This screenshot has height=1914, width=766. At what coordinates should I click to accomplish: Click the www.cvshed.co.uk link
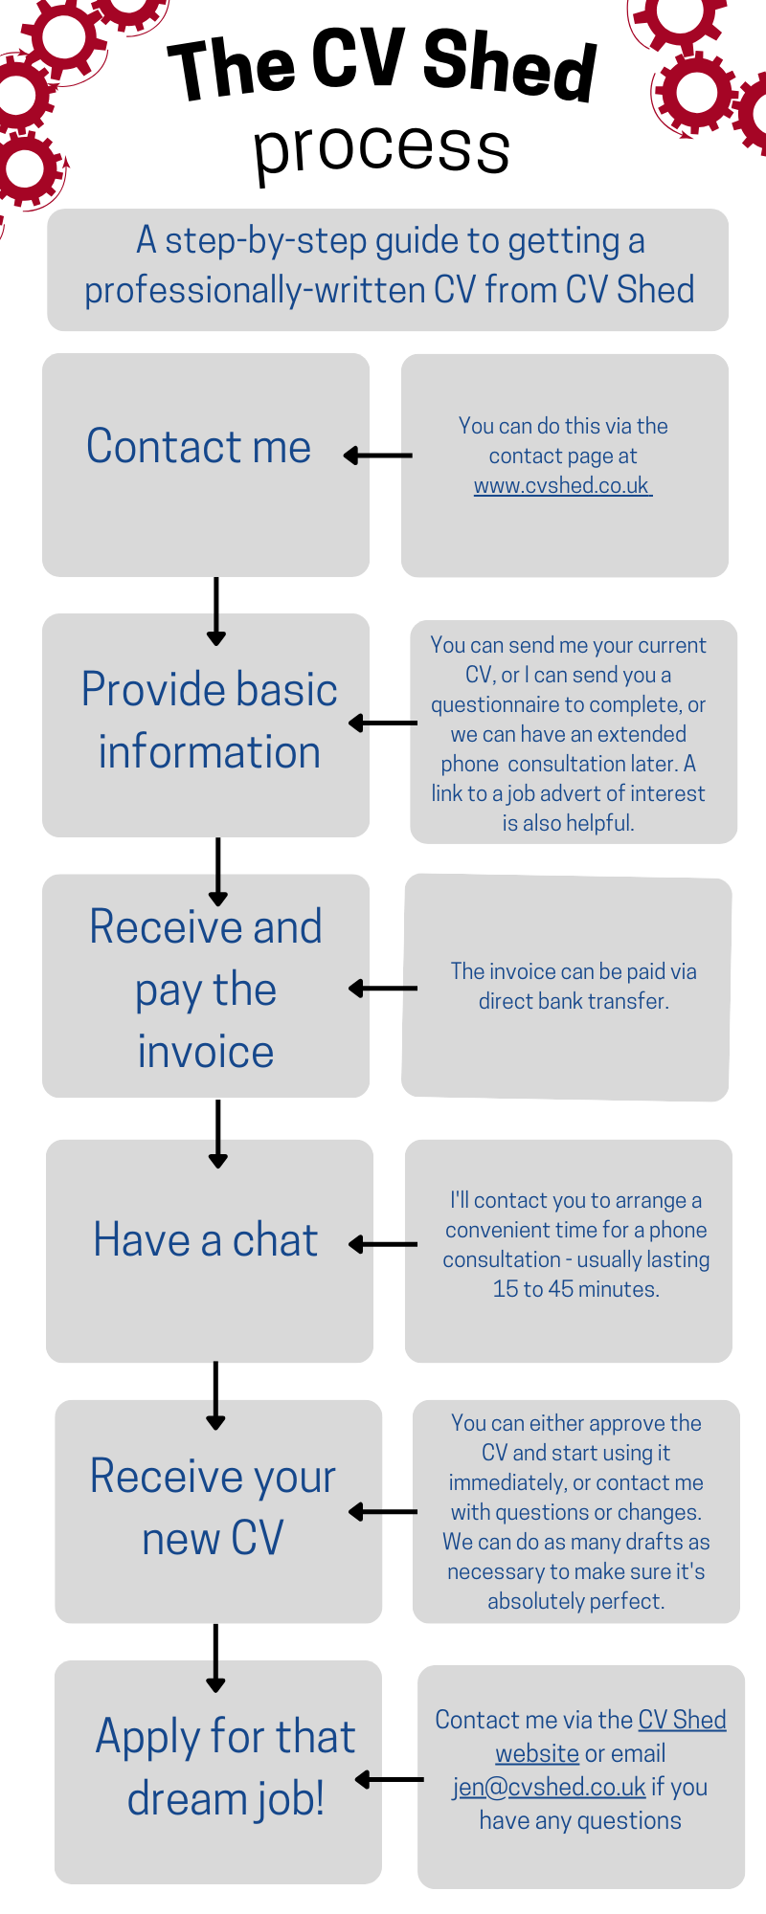[x=562, y=486]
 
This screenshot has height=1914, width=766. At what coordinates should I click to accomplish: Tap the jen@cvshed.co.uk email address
[x=550, y=1787]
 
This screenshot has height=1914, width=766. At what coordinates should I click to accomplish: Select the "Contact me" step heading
[x=198, y=447]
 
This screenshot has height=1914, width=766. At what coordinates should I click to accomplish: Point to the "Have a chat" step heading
[x=205, y=1240]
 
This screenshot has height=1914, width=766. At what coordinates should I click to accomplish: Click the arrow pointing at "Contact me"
[x=377, y=456]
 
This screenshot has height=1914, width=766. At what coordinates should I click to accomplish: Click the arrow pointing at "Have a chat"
[x=382, y=1244]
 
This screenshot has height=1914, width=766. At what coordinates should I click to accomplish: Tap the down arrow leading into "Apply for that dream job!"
[x=215, y=1657]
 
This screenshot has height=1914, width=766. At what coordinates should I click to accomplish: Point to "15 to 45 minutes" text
[x=575, y=1289]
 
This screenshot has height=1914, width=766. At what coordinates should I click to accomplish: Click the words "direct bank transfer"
[x=573, y=1001]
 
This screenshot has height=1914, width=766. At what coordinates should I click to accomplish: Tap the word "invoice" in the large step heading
[x=206, y=1052]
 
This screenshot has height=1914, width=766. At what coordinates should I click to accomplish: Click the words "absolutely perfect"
[x=574, y=1601]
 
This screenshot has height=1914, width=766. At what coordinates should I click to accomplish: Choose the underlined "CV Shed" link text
[x=682, y=1720]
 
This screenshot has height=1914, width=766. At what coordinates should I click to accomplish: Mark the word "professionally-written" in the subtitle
[x=255, y=290]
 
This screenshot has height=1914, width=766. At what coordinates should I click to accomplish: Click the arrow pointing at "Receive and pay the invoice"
[x=382, y=988]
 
